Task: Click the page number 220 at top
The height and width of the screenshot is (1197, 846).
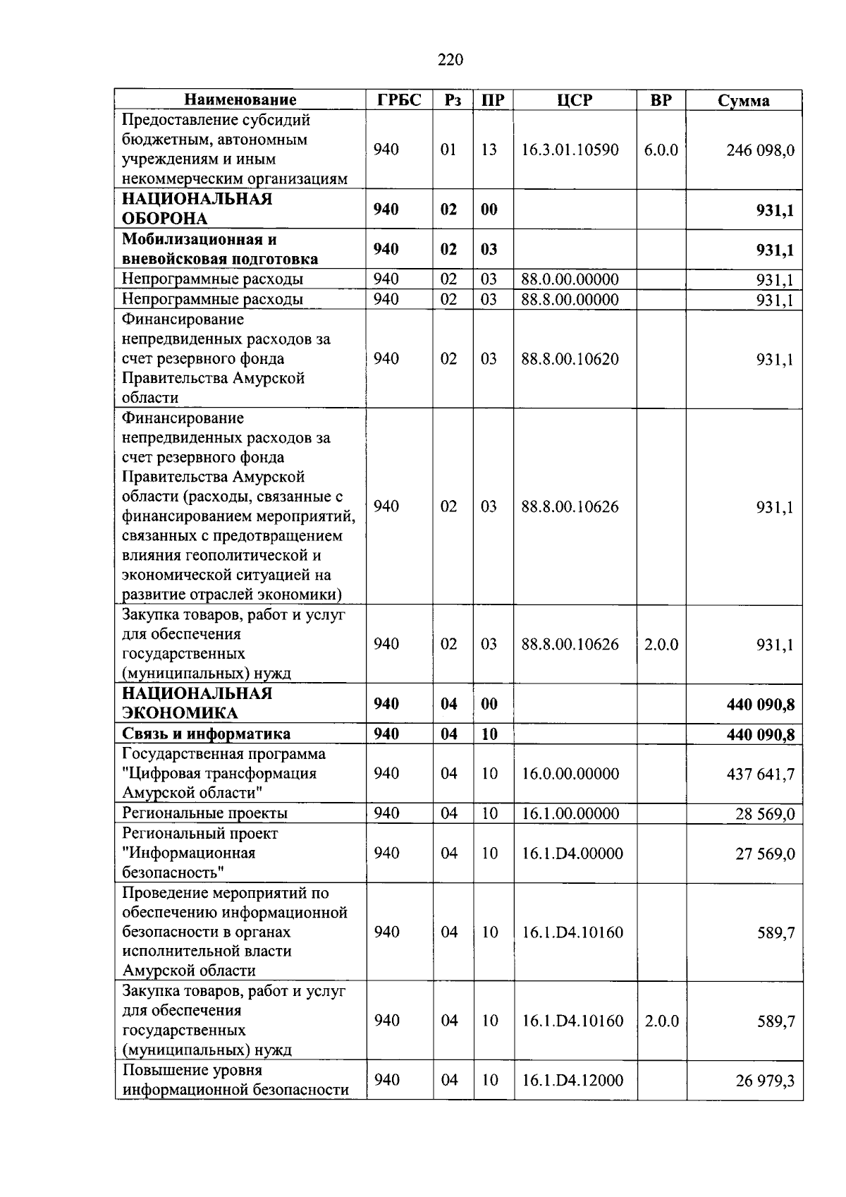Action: pyautogui.click(x=450, y=60)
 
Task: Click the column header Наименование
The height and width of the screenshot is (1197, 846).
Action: pyautogui.click(x=240, y=100)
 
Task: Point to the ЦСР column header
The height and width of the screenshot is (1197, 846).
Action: pyautogui.click(x=575, y=100)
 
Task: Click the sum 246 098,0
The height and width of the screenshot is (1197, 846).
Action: pyautogui.click(x=760, y=150)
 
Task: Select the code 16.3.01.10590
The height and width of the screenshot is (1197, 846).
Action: pyautogui.click(x=570, y=150)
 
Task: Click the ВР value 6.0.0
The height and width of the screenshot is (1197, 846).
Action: pyautogui.click(x=661, y=150)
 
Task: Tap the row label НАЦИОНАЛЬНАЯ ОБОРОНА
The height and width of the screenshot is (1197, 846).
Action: pyautogui.click(x=197, y=209)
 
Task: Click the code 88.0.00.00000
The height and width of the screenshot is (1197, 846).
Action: pyautogui.click(x=570, y=279)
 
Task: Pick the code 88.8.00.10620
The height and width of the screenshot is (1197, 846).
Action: pyautogui.click(x=570, y=359)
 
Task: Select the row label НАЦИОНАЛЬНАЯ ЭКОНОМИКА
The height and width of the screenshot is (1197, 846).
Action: pyautogui.click(x=197, y=703)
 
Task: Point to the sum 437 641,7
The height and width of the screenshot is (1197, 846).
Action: pyautogui.click(x=760, y=774)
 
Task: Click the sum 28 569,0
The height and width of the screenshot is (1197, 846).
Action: pyautogui.click(x=765, y=815)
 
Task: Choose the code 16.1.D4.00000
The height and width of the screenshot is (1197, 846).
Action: pyautogui.click(x=572, y=854)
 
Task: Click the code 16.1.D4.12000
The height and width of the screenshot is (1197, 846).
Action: pyautogui.click(x=572, y=1081)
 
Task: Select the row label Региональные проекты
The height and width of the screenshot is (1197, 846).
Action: pyautogui.click(x=205, y=813)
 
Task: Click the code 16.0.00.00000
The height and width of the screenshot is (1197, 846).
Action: pyautogui.click(x=570, y=774)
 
